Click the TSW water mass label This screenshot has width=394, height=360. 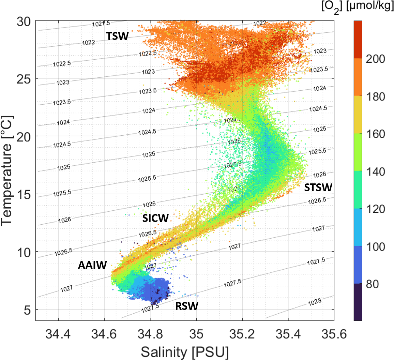point(118,36)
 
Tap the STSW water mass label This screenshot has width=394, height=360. point(318,187)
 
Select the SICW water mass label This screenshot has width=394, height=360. point(155,218)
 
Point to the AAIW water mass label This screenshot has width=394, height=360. point(92,265)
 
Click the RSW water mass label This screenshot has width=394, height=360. point(186,306)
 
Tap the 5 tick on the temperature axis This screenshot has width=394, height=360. point(27,310)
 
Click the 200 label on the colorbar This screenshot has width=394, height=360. point(376,59)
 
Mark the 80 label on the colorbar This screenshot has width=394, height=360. point(372,284)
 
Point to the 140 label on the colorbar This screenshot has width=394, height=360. point(376,171)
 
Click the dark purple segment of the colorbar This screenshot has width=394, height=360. point(358,302)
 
